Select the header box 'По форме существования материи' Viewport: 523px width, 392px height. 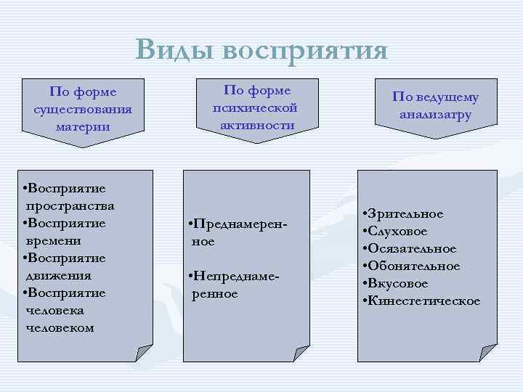[83, 110]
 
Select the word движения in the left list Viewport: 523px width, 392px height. [57, 275]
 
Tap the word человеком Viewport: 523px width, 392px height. [60, 327]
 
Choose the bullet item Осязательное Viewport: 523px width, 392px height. [413, 248]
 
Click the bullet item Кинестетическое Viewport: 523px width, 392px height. [424, 301]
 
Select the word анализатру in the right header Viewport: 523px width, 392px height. [436, 115]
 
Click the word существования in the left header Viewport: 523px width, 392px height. [83, 110]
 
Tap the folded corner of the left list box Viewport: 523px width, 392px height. [144, 352]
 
